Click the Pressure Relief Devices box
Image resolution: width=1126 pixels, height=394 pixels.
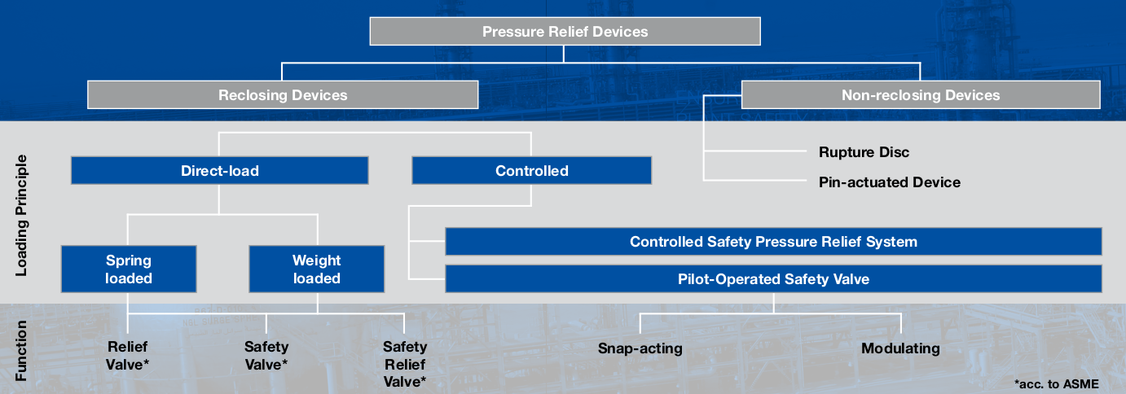tap(565, 32)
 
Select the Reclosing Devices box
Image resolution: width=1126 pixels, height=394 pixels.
tap(283, 95)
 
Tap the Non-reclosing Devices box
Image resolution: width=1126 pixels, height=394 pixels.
tap(920, 95)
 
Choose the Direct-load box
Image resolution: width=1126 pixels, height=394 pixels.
tap(220, 171)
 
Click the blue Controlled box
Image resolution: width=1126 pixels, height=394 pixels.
tap(531, 171)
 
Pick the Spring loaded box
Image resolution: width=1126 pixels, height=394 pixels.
tap(129, 269)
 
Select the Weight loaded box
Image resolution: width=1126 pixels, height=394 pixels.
tap(316, 269)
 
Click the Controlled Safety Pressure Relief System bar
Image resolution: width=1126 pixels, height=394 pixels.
tap(773, 242)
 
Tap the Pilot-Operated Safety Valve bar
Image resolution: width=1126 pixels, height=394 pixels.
tap(773, 279)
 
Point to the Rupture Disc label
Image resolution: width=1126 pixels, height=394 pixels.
tap(864, 152)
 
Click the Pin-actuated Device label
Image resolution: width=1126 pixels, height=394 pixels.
tap(889, 182)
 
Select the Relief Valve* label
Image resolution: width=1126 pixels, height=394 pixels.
tap(128, 356)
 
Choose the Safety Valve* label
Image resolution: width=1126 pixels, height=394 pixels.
tap(266, 356)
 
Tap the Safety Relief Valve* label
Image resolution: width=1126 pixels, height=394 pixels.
tap(405, 364)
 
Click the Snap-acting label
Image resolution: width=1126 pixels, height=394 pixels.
tap(640, 348)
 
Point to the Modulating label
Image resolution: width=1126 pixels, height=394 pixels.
tap(900, 348)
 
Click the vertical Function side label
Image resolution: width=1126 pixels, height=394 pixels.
tap(21, 351)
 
